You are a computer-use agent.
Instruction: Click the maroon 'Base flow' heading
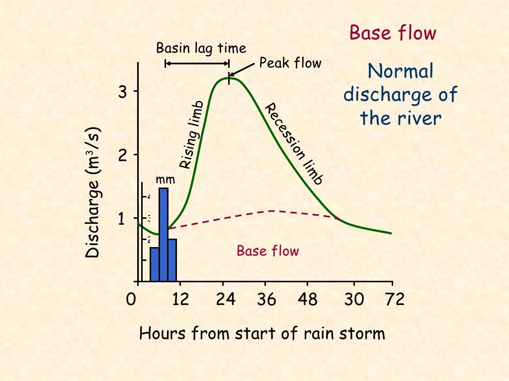[x=393, y=33]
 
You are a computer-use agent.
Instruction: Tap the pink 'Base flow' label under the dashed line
[x=268, y=251]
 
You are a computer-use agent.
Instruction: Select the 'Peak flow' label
[x=290, y=63]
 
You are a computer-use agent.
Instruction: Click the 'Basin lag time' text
[x=201, y=48]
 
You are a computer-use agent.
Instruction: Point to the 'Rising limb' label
[x=191, y=135]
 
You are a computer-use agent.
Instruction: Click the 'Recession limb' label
[x=294, y=144]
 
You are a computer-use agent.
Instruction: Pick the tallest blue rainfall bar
[x=163, y=233]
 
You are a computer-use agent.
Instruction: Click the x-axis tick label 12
[x=180, y=300]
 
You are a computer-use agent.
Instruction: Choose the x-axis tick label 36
[x=267, y=300]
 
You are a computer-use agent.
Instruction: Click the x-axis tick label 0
[x=131, y=300]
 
